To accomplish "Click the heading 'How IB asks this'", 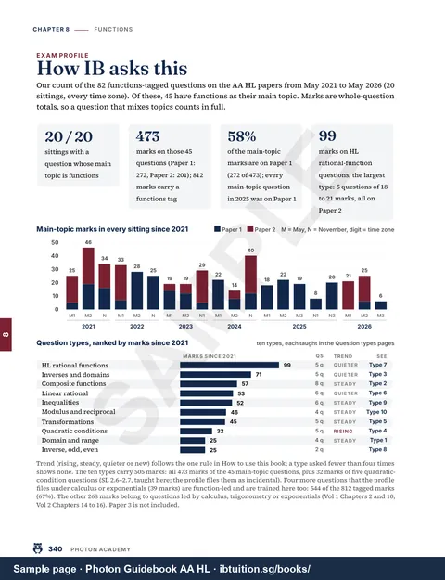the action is click(x=112, y=69).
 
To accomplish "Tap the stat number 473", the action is click(x=147, y=136).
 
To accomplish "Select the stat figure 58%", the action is click(x=242, y=136).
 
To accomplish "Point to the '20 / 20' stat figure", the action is click(x=69, y=136).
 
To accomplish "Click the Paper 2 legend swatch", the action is click(x=250, y=229).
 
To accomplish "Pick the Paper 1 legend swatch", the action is click(x=217, y=229).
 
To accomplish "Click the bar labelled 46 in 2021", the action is click(x=88, y=278).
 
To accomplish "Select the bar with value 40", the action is click(x=250, y=283).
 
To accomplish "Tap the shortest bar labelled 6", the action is click(x=381, y=305).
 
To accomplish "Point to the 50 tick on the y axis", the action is click(x=55, y=242).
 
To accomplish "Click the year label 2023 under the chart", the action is click(x=185, y=327).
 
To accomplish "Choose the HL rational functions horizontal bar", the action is click(x=230, y=365).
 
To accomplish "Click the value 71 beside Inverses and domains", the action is click(x=259, y=375).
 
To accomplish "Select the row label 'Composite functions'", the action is click(x=73, y=384).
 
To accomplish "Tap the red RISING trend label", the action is click(x=343, y=432).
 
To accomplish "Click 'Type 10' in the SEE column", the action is click(x=376, y=412).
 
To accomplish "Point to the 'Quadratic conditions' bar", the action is click(x=197, y=431).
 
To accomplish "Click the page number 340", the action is click(x=56, y=549).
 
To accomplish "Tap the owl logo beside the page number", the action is click(x=38, y=548).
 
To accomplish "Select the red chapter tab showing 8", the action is click(x=6, y=334).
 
